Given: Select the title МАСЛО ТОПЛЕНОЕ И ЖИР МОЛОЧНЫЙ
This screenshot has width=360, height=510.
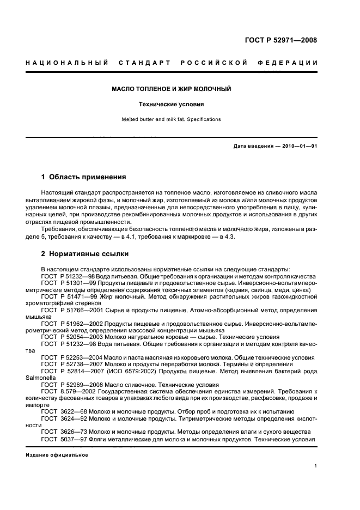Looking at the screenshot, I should tap(172, 89).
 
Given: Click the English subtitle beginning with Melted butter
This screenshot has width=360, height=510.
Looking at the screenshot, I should tap(172, 119).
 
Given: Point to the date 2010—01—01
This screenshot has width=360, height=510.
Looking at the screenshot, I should tap(297, 147).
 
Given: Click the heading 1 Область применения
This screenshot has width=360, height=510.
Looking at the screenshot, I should tap(84, 177).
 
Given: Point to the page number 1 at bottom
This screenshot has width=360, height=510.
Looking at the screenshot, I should tap(316, 466).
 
